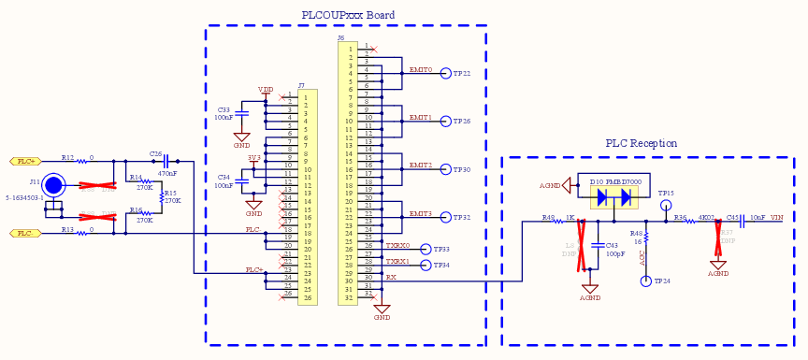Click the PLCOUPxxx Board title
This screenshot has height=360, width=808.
pos(348,15)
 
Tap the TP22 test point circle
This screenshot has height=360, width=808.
pos(445,74)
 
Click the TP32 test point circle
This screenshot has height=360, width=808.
pos(445,218)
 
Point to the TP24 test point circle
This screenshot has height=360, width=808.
pos(646,281)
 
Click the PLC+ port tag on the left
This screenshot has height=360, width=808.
pos(25,161)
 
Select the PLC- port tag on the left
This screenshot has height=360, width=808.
pos(25,233)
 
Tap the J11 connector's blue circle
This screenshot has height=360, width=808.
pos(54,185)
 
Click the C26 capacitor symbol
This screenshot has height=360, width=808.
pos(166,161)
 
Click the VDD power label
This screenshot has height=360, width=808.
pos(266,90)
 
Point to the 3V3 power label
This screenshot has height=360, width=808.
pos(253,158)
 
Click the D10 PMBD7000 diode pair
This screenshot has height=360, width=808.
pos(613,197)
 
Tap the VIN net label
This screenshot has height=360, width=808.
pos(776,218)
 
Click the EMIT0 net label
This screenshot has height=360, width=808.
pos(420,70)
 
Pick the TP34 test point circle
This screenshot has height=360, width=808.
pos(426,266)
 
